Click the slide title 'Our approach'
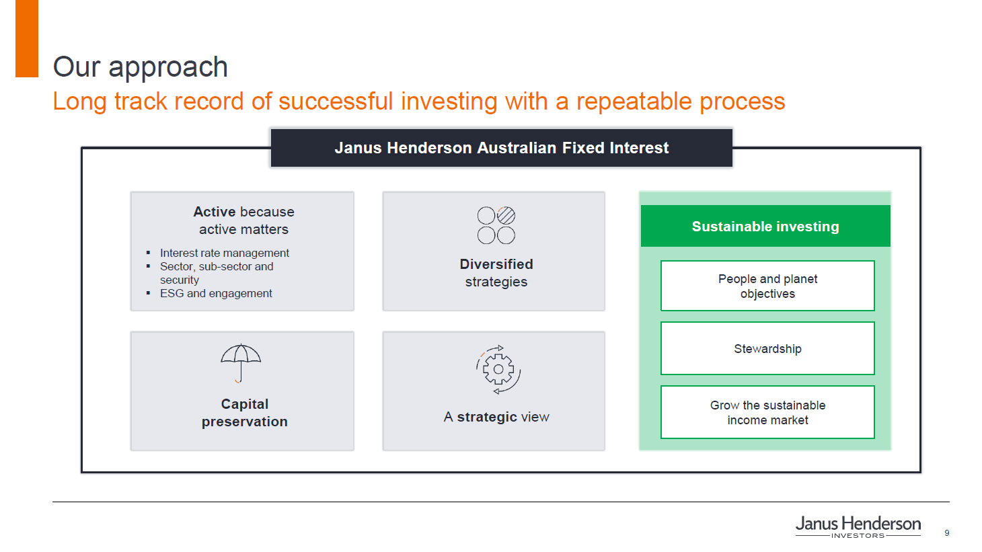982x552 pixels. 141,67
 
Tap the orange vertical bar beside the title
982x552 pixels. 27,38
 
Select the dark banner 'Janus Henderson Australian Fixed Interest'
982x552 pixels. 502,148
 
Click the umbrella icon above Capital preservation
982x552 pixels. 241,363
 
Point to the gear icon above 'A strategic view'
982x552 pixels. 498,369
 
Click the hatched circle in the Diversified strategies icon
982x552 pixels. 506,215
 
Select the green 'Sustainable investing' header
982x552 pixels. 765,226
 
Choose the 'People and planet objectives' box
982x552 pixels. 767,286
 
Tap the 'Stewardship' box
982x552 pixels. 767,348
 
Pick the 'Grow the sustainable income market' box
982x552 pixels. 767,412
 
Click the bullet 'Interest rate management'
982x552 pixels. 225,253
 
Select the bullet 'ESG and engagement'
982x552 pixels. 216,293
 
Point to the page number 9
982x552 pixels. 947,533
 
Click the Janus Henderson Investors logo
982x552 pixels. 858,526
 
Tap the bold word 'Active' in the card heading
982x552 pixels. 215,212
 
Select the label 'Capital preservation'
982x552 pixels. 245,413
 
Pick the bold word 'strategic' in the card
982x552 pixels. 487,417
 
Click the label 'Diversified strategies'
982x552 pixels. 496,273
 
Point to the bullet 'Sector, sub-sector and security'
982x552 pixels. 217,273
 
